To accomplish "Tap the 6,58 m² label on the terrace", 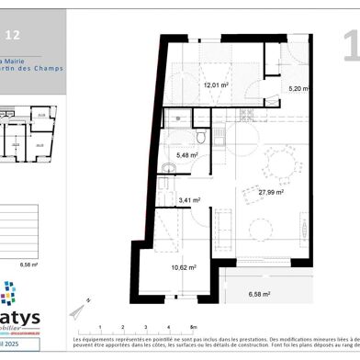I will pyautogui.click(x=263, y=296).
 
